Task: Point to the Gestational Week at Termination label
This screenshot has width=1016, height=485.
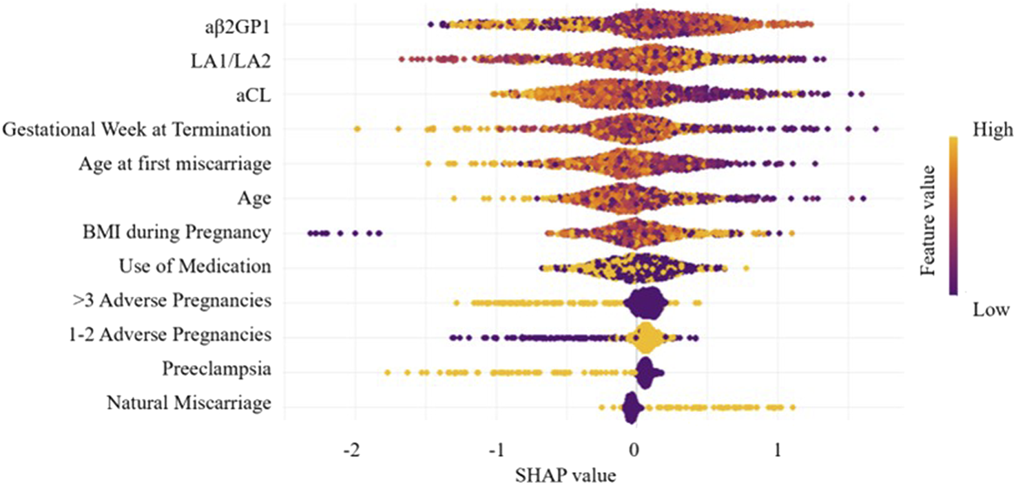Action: (136, 130)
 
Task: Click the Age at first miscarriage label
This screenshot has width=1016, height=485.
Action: (174, 164)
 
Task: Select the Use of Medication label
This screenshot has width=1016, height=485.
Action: (194, 267)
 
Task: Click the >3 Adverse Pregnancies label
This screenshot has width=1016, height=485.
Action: (170, 301)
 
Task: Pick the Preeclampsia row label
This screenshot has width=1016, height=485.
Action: (216, 370)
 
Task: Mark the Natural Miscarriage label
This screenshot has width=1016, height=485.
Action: (188, 404)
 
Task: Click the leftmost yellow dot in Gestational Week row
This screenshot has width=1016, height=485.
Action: (357, 129)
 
